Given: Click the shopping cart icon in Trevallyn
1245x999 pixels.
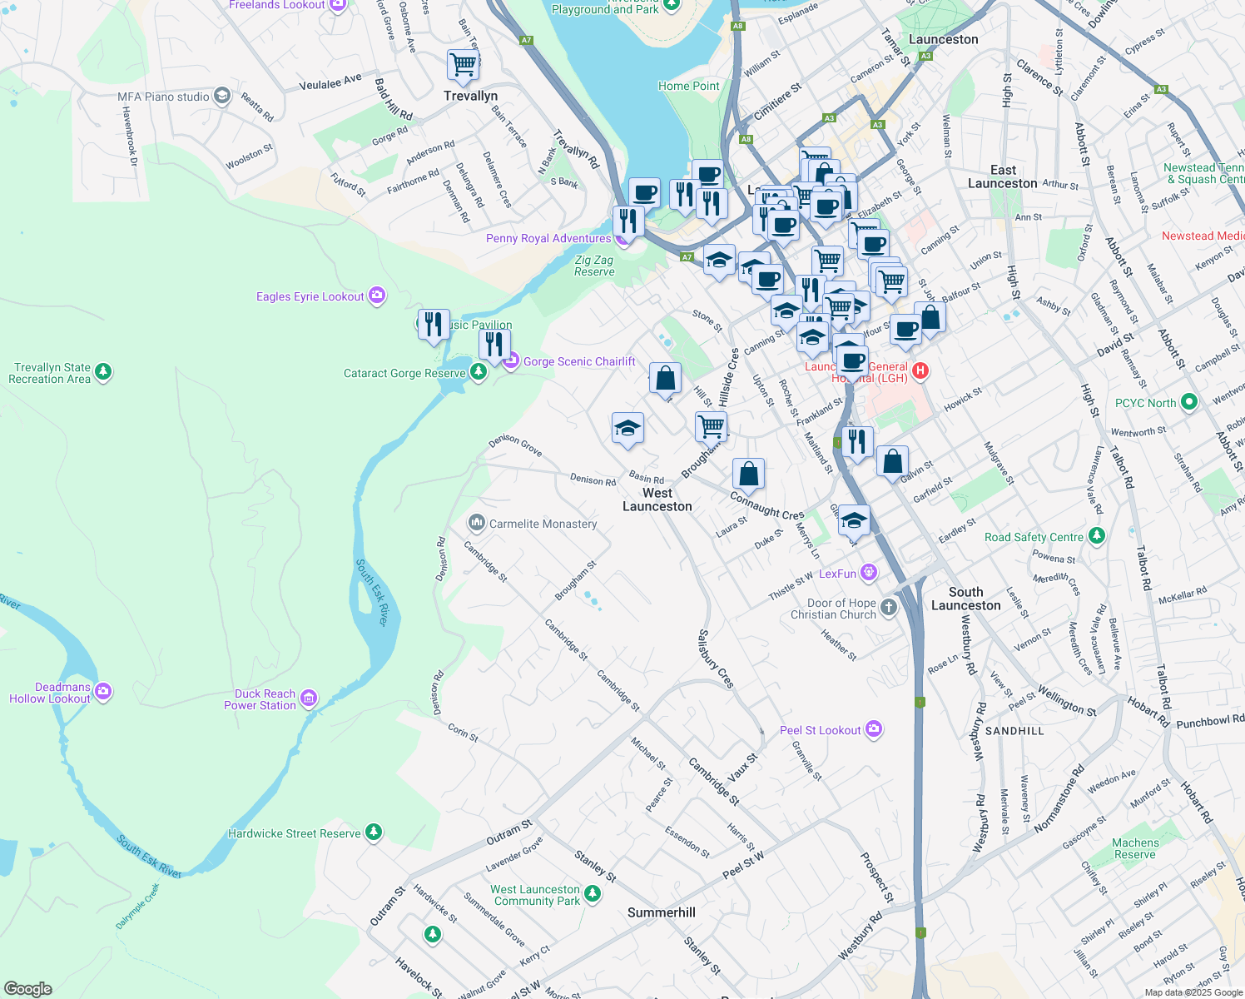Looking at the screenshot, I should pos(463,64).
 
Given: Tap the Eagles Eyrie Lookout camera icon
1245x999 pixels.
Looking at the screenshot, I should pos(377,296).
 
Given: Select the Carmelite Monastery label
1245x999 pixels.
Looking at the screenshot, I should pos(543,524).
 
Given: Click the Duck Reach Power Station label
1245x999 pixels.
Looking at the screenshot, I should pos(260,699).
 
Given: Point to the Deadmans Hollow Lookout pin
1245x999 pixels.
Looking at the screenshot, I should pos(103,691).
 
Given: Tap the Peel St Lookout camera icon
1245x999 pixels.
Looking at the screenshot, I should pos(873,730).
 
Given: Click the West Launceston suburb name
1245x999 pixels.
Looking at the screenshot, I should pos(657,499).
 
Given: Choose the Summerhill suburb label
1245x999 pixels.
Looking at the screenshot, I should pos(661,912).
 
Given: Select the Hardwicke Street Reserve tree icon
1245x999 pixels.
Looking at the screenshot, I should pos(374,832).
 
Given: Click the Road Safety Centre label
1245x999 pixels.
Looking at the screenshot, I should pos(1034,537).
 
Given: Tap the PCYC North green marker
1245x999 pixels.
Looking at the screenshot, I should pos(1188,402).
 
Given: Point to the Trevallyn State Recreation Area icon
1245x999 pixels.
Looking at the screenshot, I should pos(103,371).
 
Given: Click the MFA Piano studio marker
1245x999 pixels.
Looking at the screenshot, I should pos(221,97).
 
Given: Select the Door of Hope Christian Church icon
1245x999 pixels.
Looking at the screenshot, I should pos(889,607).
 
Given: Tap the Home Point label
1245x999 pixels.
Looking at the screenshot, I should pos(688,86).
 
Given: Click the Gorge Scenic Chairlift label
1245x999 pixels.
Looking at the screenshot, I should pos(579,361).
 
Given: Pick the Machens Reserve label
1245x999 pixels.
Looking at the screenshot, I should pos(1135,848).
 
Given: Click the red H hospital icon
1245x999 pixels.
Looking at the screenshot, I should pos(920,370).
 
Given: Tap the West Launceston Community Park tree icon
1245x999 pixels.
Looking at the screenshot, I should pos(592,894).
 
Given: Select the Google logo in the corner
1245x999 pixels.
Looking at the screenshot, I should pos(28,989).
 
